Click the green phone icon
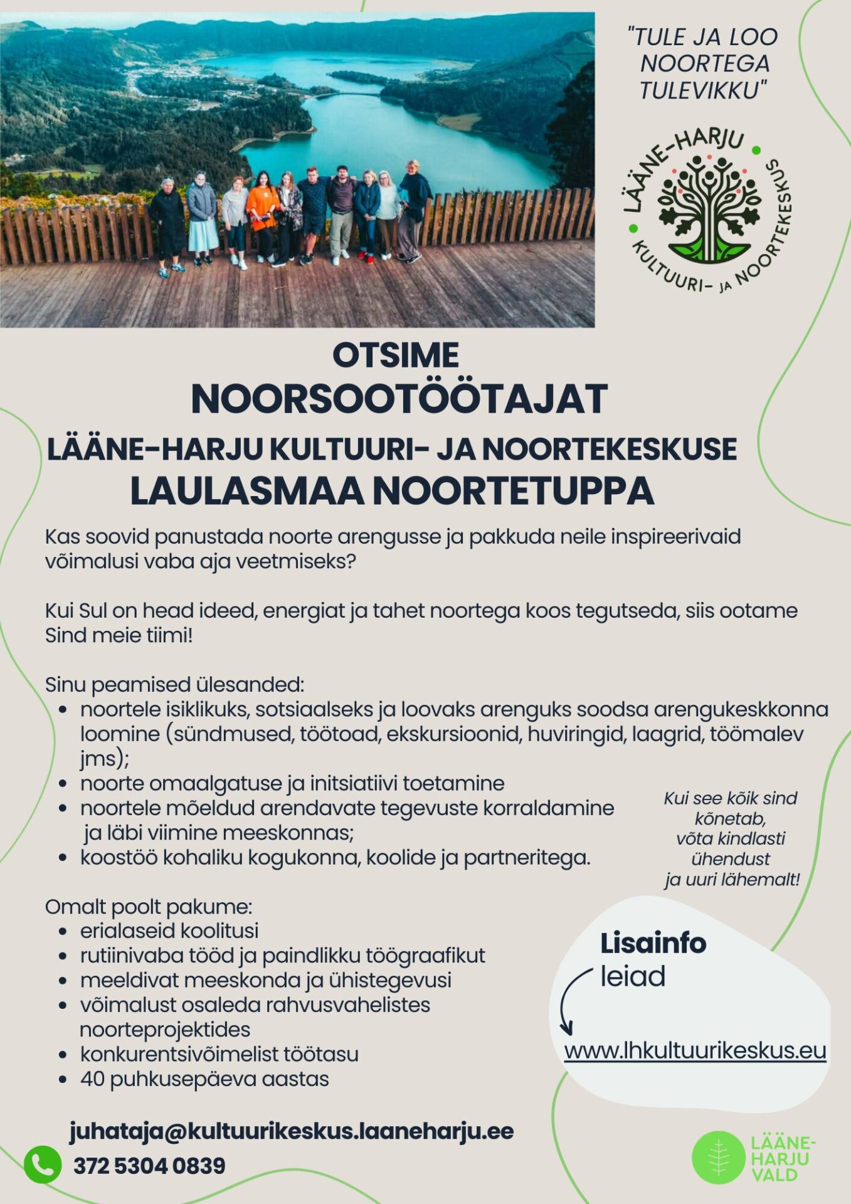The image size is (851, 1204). coord(43,1165)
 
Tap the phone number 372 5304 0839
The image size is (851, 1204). coord(149,1166)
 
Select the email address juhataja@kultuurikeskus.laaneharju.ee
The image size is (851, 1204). coord(292,1131)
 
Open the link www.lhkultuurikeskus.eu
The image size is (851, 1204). coord(695,1050)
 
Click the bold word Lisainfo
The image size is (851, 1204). coord(653,943)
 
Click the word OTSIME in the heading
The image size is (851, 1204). coord(396,356)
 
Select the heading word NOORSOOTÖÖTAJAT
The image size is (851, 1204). coord(399,399)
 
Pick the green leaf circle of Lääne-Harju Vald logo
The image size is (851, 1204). coord(718,1157)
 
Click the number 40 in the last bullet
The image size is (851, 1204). coord(92,1079)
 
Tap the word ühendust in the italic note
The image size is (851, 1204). coord(731,858)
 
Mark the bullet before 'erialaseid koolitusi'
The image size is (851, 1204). coord(62,932)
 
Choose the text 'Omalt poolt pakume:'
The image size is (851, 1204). coord(149,907)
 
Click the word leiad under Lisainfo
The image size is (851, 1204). coord(633,976)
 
